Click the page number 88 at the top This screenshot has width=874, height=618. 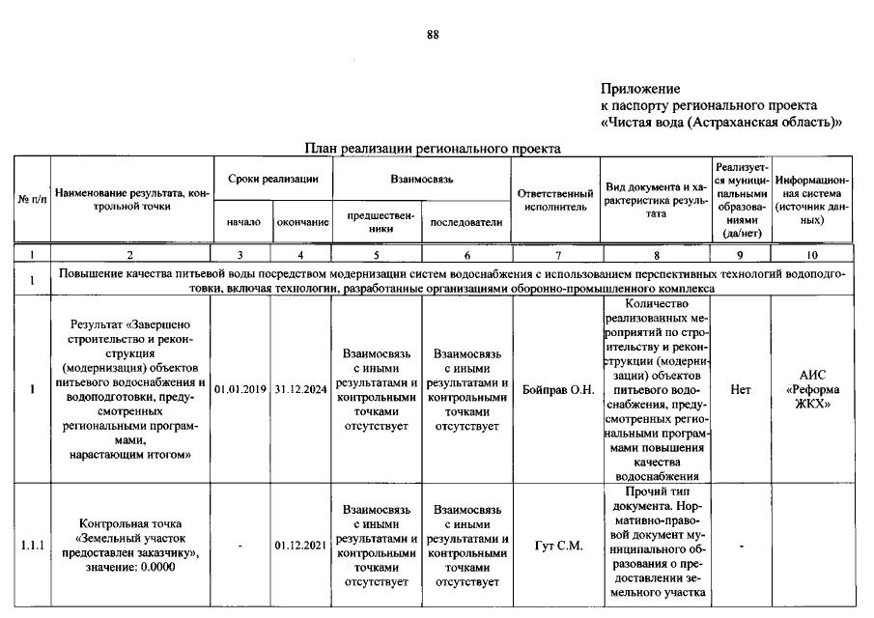pos(433,36)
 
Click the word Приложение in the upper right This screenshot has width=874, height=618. pos(640,89)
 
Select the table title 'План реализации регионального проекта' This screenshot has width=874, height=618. pos(433,149)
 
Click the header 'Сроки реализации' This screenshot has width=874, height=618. pos(272,180)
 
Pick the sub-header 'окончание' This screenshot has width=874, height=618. pos(302,222)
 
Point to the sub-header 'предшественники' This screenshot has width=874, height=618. pos(376,222)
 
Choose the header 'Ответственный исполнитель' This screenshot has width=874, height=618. pos(555,200)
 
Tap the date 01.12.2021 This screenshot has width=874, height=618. pos(301,546)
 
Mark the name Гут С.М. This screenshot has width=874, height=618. pos(558,546)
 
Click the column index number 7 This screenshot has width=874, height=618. pos(555,255)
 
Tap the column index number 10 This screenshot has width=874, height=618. pos(812,255)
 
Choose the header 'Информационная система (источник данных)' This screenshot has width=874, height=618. pos(812,200)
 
